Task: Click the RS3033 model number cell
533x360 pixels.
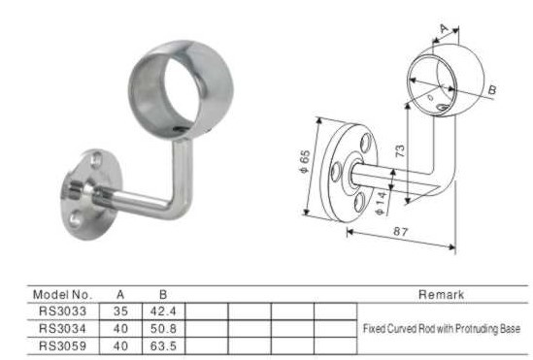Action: pyautogui.click(x=62, y=311)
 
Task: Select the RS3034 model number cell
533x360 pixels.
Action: pyautogui.click(x=62, y=328)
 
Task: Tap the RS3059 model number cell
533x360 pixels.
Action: pyautogui.click(x=62, y=346)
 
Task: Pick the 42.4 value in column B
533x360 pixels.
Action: pyautogui.click(x=163, y=311)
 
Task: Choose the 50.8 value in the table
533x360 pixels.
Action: pyautogui.click(x=163, y=328)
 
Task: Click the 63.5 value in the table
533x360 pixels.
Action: pyautogui.click(x=163, y=346)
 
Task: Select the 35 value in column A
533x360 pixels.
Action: pyautogui.click(x=120, y=311)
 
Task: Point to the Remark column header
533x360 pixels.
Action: pyautogui.click(x=441, y=294)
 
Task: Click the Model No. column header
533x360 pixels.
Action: pyautogui.click(x=62, y=294)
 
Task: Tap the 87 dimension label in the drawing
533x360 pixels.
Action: pyautogui.click(x=400, y=232)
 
